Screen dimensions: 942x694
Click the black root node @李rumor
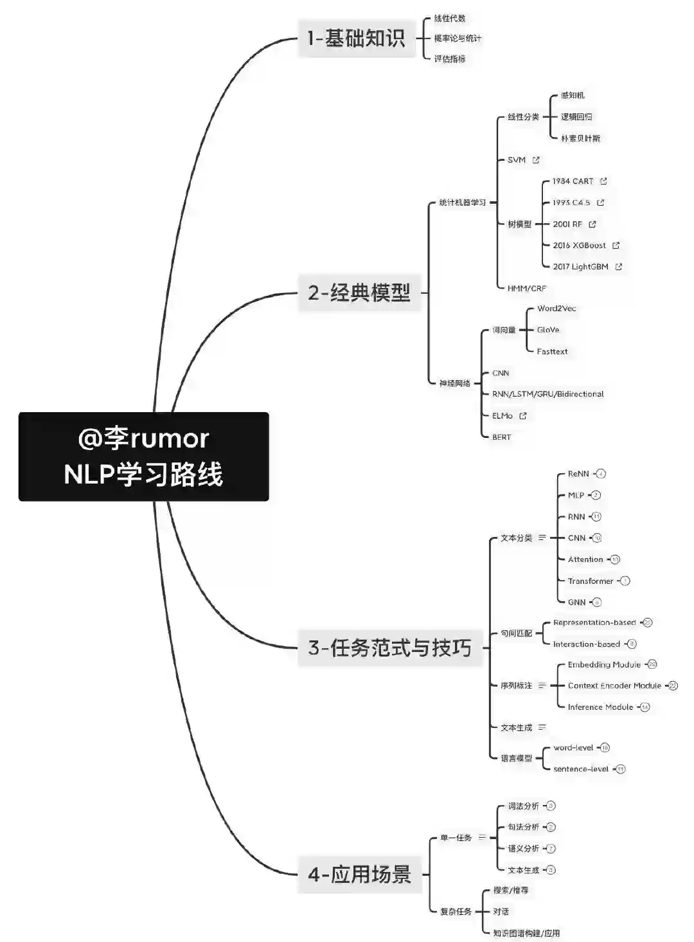click(x=143, y=456)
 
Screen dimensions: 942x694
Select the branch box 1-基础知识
click(x=357, y=39)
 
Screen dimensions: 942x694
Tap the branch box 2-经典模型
click(x=359, y=293)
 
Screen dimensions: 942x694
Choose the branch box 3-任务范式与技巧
click(x=389, y=648)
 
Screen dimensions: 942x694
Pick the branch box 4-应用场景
click(x=359, y=874)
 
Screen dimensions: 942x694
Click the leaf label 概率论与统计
click(x=458, y=39)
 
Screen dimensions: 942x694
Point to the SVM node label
click(x=517, y=160)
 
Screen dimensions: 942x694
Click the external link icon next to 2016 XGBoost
click(x=616, y=245)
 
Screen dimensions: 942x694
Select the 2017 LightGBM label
click(x=580, y=267)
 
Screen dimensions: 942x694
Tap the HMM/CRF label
click(x=527, y=289)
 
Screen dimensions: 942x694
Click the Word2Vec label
click(x=556, y=309)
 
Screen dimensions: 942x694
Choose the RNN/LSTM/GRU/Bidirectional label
click(x=548, y=394)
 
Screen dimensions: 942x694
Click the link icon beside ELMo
click(x=523, y=416)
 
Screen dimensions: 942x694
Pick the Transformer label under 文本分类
click(x=591, y=581)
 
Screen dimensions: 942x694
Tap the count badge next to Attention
click(x=615, y=559)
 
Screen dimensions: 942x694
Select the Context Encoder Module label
click(x=614, y=686)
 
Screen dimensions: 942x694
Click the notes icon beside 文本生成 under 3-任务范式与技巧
click(x=542, y=727)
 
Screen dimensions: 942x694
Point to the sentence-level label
click(x=581, y=769)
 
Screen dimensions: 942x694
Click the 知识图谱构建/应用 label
click(x=526, y=933)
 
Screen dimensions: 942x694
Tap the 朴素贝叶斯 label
click(x=580, y=138)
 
